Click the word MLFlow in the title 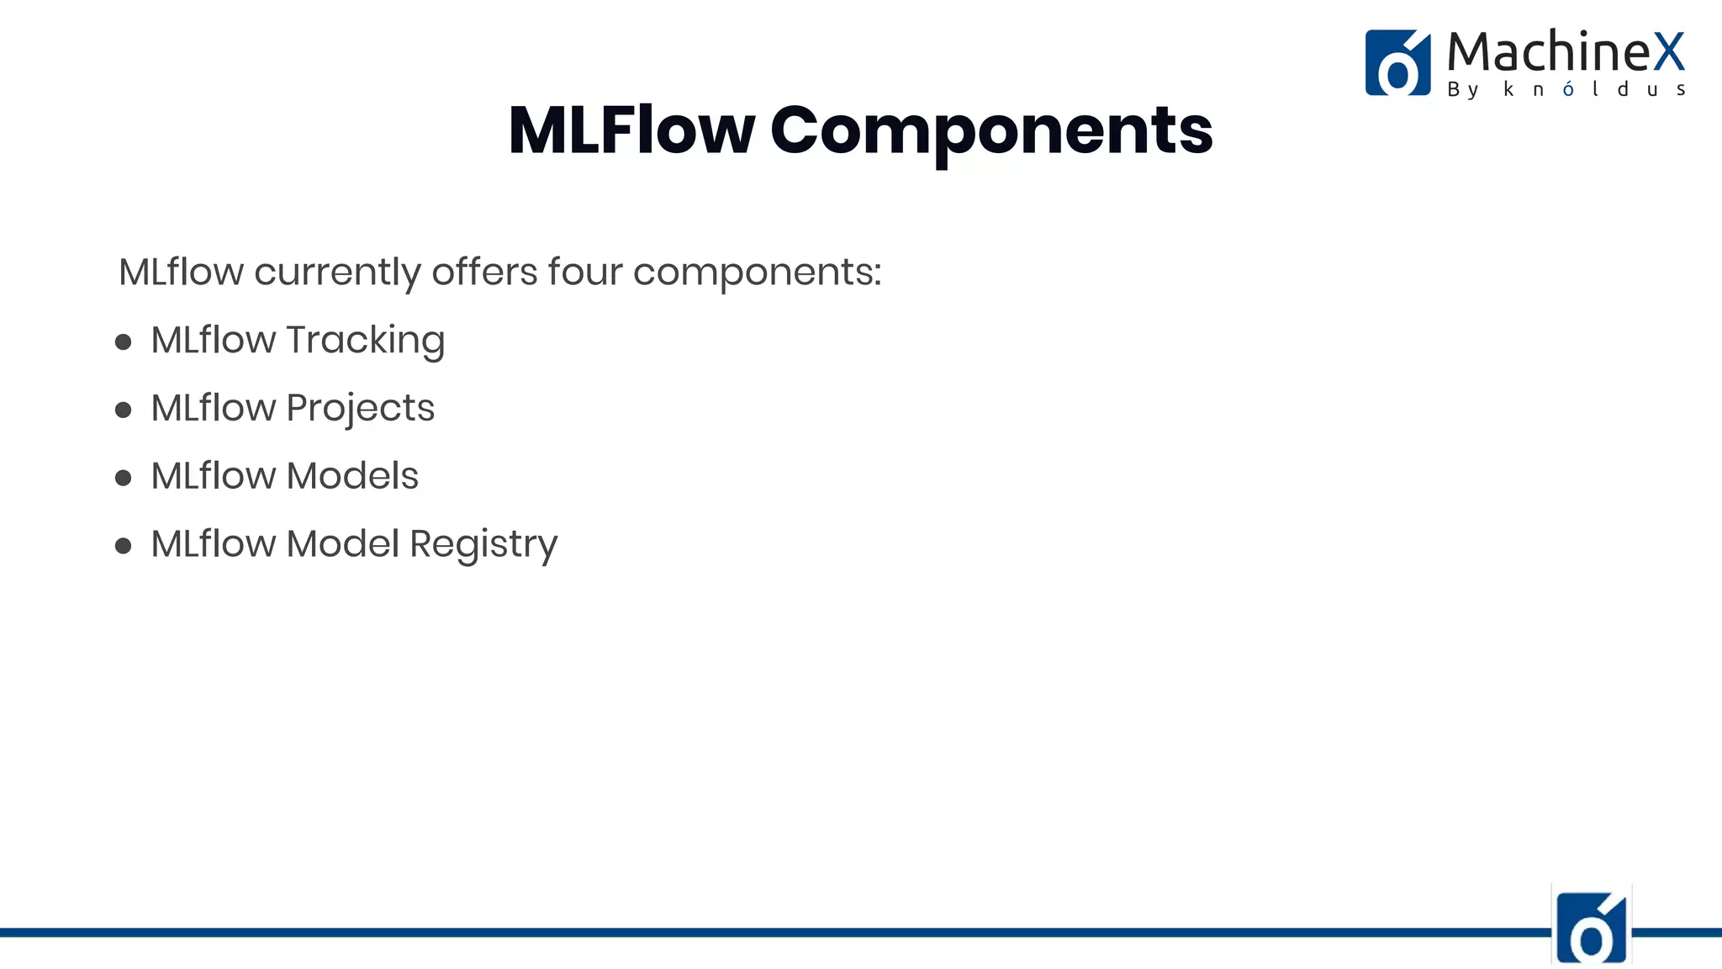point(631,130)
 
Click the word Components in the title point(991,132)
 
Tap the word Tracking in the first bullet point(365,341)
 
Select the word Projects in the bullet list point(360,409)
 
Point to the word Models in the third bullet point(351,476)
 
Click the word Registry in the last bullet point(483,545)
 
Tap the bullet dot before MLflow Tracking point(124,342)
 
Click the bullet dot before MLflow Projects point(124,410)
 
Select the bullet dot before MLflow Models point(124,478)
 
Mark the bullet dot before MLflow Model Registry point(124,546)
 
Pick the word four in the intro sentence point(585,272)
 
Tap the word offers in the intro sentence point(484,272)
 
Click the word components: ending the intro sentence point(757,273)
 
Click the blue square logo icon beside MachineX point(1397,63)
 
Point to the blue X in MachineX point(1669,52)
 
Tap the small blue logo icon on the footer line point(1591,927)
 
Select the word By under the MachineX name point(1463,90)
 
